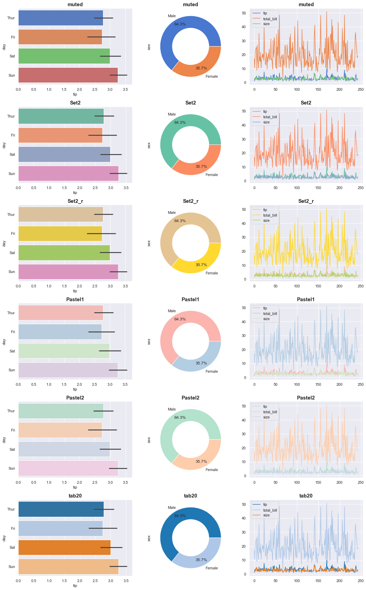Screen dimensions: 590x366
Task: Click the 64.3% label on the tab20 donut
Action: click(180, 516)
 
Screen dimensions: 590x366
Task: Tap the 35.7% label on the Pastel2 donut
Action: click(201, 461)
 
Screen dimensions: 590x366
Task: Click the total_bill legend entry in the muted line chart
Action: click(270, 19)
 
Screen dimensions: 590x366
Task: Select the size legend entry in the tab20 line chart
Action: click(266, 515)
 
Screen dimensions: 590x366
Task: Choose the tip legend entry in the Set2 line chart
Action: click(265, 111)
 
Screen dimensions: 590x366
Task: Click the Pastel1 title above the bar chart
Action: click(75, 299)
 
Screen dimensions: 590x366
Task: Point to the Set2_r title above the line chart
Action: click(306, 201)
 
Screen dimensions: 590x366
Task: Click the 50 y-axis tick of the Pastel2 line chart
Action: click(244, 406)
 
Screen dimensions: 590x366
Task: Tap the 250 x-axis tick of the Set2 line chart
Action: click(361, 188)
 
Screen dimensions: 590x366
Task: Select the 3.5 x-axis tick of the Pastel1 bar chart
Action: click(125, 384)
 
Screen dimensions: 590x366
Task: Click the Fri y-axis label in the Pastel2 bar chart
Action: click(13, 430)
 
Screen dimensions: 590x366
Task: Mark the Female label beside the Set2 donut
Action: click(211, 175)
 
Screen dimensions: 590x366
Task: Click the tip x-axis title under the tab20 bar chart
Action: click(75, 586)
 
